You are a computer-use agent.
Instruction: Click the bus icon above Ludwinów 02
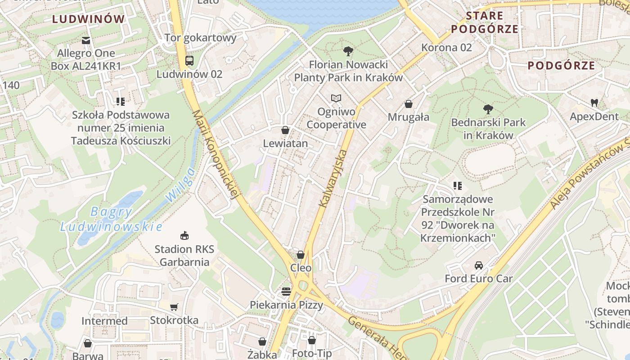coord(189,61)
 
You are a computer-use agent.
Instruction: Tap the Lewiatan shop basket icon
coord(285,130)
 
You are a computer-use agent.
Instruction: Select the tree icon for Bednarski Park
coord(488,109)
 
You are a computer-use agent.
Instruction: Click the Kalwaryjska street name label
coord(333,179)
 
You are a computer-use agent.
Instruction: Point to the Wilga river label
coord(180,184)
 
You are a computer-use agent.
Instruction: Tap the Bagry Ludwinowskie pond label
coord(111,219)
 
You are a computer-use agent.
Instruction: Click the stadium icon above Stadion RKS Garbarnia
coord(184,235)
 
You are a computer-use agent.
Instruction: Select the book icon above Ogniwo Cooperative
coord(336,98)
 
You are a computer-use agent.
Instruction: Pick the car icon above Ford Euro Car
coord(479,265)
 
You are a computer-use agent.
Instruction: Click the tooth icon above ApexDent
coord(594,103)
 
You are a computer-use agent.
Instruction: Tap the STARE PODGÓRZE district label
coord(485,22)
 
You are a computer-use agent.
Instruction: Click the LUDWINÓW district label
coord(88,19)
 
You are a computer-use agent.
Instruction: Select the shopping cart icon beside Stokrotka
coord(174,307)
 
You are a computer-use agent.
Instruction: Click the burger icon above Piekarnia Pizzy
coord(286,291)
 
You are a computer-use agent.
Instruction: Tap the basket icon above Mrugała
coord(409,104)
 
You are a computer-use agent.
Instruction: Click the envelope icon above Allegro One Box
coord(86,40)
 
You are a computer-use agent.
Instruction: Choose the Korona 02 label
coord(446,47)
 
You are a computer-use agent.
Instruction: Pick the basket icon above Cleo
coord(301,255)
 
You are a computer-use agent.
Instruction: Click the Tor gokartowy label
coord(200,37)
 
